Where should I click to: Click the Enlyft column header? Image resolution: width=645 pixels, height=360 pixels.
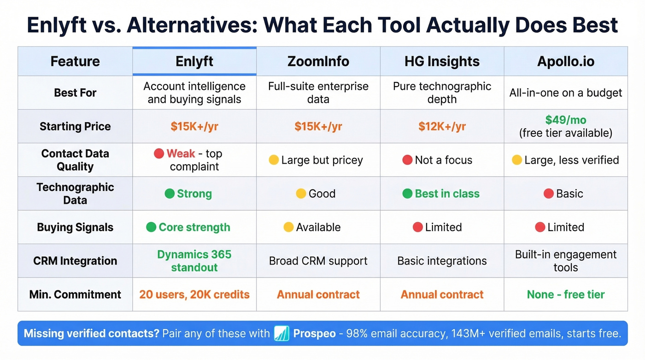194,61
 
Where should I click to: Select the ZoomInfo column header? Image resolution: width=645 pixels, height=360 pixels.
318,61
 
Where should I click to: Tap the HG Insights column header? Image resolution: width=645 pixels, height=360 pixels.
442,61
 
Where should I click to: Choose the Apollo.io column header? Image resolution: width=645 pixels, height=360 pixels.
566,61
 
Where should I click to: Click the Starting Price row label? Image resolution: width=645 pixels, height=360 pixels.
75,126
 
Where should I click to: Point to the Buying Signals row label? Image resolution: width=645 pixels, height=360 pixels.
75,227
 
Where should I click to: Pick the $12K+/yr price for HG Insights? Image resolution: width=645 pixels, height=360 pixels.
442,126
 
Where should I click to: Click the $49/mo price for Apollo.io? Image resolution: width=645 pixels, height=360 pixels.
566,120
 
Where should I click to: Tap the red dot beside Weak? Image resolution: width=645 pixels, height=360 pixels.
159,153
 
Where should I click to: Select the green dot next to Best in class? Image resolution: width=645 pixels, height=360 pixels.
407,194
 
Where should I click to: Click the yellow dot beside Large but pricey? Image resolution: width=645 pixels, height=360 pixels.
274,160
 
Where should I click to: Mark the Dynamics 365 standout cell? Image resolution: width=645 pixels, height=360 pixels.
194,261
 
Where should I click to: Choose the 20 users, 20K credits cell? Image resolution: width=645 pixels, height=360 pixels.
194,295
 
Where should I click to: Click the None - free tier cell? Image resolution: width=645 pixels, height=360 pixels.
566,295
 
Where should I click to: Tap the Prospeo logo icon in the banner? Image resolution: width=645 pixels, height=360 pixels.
281,333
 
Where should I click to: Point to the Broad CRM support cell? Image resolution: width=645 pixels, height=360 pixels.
318,261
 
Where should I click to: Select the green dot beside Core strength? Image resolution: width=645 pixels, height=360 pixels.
151,227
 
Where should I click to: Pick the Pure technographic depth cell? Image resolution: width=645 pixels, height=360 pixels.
442,93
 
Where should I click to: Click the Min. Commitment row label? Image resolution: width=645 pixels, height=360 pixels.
75,295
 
